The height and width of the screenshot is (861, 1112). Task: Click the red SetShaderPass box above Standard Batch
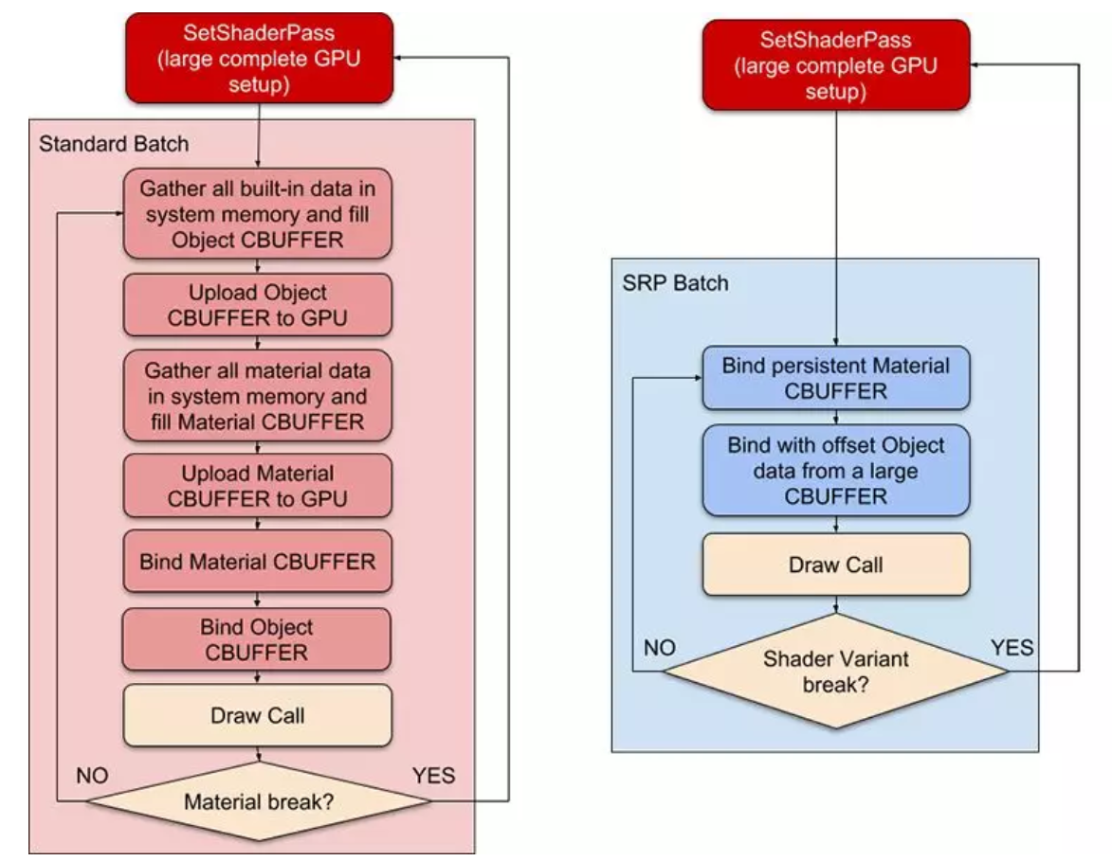(x=258, y=58)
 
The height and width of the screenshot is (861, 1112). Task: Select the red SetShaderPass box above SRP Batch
(x=835, y=65)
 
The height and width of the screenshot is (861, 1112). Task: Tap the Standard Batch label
(x=114, y=144)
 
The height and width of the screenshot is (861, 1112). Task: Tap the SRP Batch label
(x=675, y=283)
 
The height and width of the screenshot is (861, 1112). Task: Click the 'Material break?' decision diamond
(x=258, y=802)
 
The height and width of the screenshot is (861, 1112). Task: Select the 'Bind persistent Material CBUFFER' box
(x=835, y=378)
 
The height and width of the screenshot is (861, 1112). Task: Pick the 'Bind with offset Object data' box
(x=835, y=470)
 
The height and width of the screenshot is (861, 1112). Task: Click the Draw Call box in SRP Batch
(x=835, y=565)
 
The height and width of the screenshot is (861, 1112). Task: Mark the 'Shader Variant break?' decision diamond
(x=835, y=671)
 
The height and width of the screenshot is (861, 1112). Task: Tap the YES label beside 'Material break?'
(x=433, y=776)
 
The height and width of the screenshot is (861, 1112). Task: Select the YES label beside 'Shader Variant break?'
(x=1012, y=648)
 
